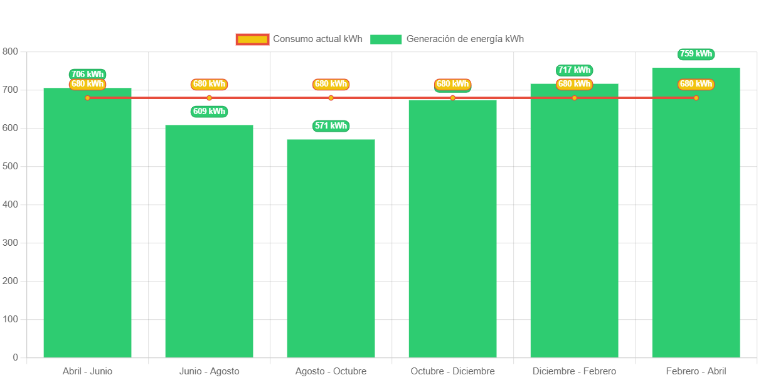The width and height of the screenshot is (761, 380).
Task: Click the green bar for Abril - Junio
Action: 87,226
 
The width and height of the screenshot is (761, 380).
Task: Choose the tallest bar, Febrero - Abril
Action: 696,213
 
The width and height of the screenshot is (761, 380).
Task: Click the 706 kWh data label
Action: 87,74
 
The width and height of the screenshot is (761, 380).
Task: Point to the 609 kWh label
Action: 209,112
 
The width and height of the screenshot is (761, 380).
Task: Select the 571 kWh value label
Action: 331,126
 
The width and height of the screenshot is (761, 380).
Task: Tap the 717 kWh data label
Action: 574,70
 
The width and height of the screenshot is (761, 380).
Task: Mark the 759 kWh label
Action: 696,54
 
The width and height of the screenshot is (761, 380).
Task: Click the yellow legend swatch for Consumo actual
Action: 252,40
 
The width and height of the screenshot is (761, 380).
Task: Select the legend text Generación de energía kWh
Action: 465,39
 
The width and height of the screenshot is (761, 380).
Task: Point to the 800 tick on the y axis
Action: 10,51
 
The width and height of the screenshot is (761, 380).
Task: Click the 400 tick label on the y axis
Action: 10,204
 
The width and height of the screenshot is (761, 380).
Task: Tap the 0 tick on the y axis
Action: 15,357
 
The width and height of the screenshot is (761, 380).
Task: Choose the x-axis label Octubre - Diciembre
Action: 452,371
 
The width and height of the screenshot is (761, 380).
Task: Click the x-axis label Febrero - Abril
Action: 696,371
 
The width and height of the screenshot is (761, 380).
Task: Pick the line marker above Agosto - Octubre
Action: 331,98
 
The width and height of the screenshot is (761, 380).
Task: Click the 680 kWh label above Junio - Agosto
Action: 209,84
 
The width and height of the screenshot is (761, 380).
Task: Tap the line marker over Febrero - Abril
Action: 696,98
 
